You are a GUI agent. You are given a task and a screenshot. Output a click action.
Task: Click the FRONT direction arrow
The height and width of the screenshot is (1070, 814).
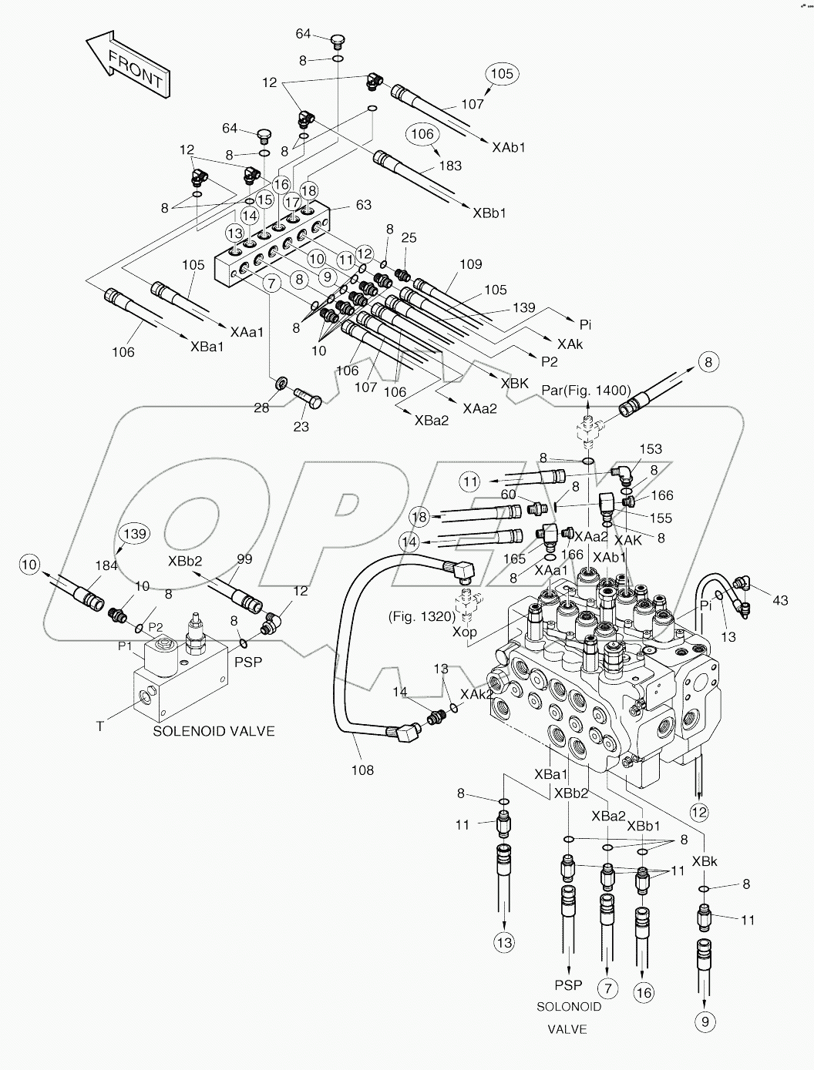pos(129,65)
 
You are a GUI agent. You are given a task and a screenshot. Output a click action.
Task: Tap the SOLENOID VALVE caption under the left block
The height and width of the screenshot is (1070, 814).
pos(214,731)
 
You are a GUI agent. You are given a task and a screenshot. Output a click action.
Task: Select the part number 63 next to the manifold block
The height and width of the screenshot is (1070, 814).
pos(363,205)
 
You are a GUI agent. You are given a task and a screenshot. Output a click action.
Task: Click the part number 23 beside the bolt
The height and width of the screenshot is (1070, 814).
pos(301,426)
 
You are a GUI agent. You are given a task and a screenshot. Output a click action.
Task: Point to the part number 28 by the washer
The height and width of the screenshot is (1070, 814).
pos(262,408)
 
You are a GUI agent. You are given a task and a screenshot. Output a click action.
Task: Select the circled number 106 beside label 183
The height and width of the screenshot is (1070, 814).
pos(422,133)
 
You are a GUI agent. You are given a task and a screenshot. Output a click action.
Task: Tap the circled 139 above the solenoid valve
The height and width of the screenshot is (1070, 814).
pos(135,533)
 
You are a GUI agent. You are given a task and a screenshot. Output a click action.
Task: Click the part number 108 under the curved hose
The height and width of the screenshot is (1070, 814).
pos(362,770)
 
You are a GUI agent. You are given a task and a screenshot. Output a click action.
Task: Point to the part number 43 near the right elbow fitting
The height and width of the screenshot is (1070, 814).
pos(780,600)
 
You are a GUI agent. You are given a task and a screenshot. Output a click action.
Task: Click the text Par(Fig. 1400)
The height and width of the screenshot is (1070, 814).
pos(587,390)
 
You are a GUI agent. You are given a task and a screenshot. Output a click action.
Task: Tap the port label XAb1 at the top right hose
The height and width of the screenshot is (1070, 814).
pos(508,146)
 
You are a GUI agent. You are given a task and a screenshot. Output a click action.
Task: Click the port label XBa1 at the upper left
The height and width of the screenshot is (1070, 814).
pos(207,347)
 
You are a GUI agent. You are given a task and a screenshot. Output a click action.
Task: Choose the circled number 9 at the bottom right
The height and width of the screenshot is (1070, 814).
pos(705,1022)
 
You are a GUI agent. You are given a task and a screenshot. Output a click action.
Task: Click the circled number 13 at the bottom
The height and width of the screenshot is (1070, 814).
pos(503,943)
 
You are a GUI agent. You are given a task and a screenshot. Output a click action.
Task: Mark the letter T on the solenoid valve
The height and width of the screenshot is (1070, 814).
pos(99,726)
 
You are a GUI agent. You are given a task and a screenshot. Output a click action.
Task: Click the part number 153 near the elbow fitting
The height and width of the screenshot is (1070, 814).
pos(651,448)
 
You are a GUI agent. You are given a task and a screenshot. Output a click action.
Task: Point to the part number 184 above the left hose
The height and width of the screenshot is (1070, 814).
pos(106,565)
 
